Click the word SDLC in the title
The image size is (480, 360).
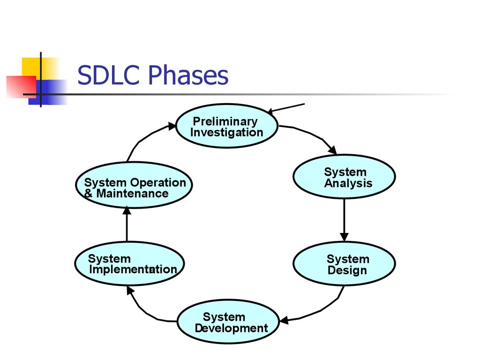109,75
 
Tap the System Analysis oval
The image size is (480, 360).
344,177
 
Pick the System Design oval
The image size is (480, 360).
344,264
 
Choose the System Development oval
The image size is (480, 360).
228,322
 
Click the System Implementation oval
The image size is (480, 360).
129,264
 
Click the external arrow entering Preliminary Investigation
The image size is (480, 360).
287,108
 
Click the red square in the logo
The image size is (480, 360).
20,87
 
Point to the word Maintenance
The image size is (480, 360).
132,194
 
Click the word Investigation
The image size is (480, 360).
227,133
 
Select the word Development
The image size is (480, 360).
232,328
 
